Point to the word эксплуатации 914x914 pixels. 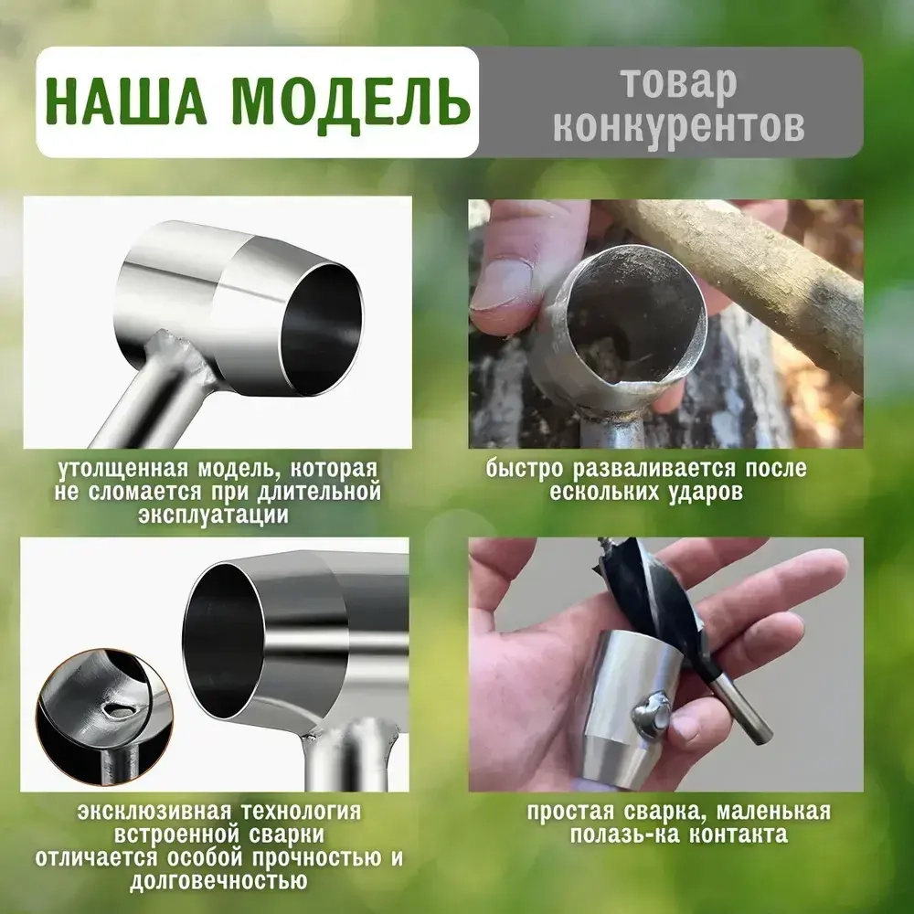pos(214,515)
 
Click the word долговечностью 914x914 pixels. pos(218,882)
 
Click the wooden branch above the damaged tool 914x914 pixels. pos(749,274)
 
